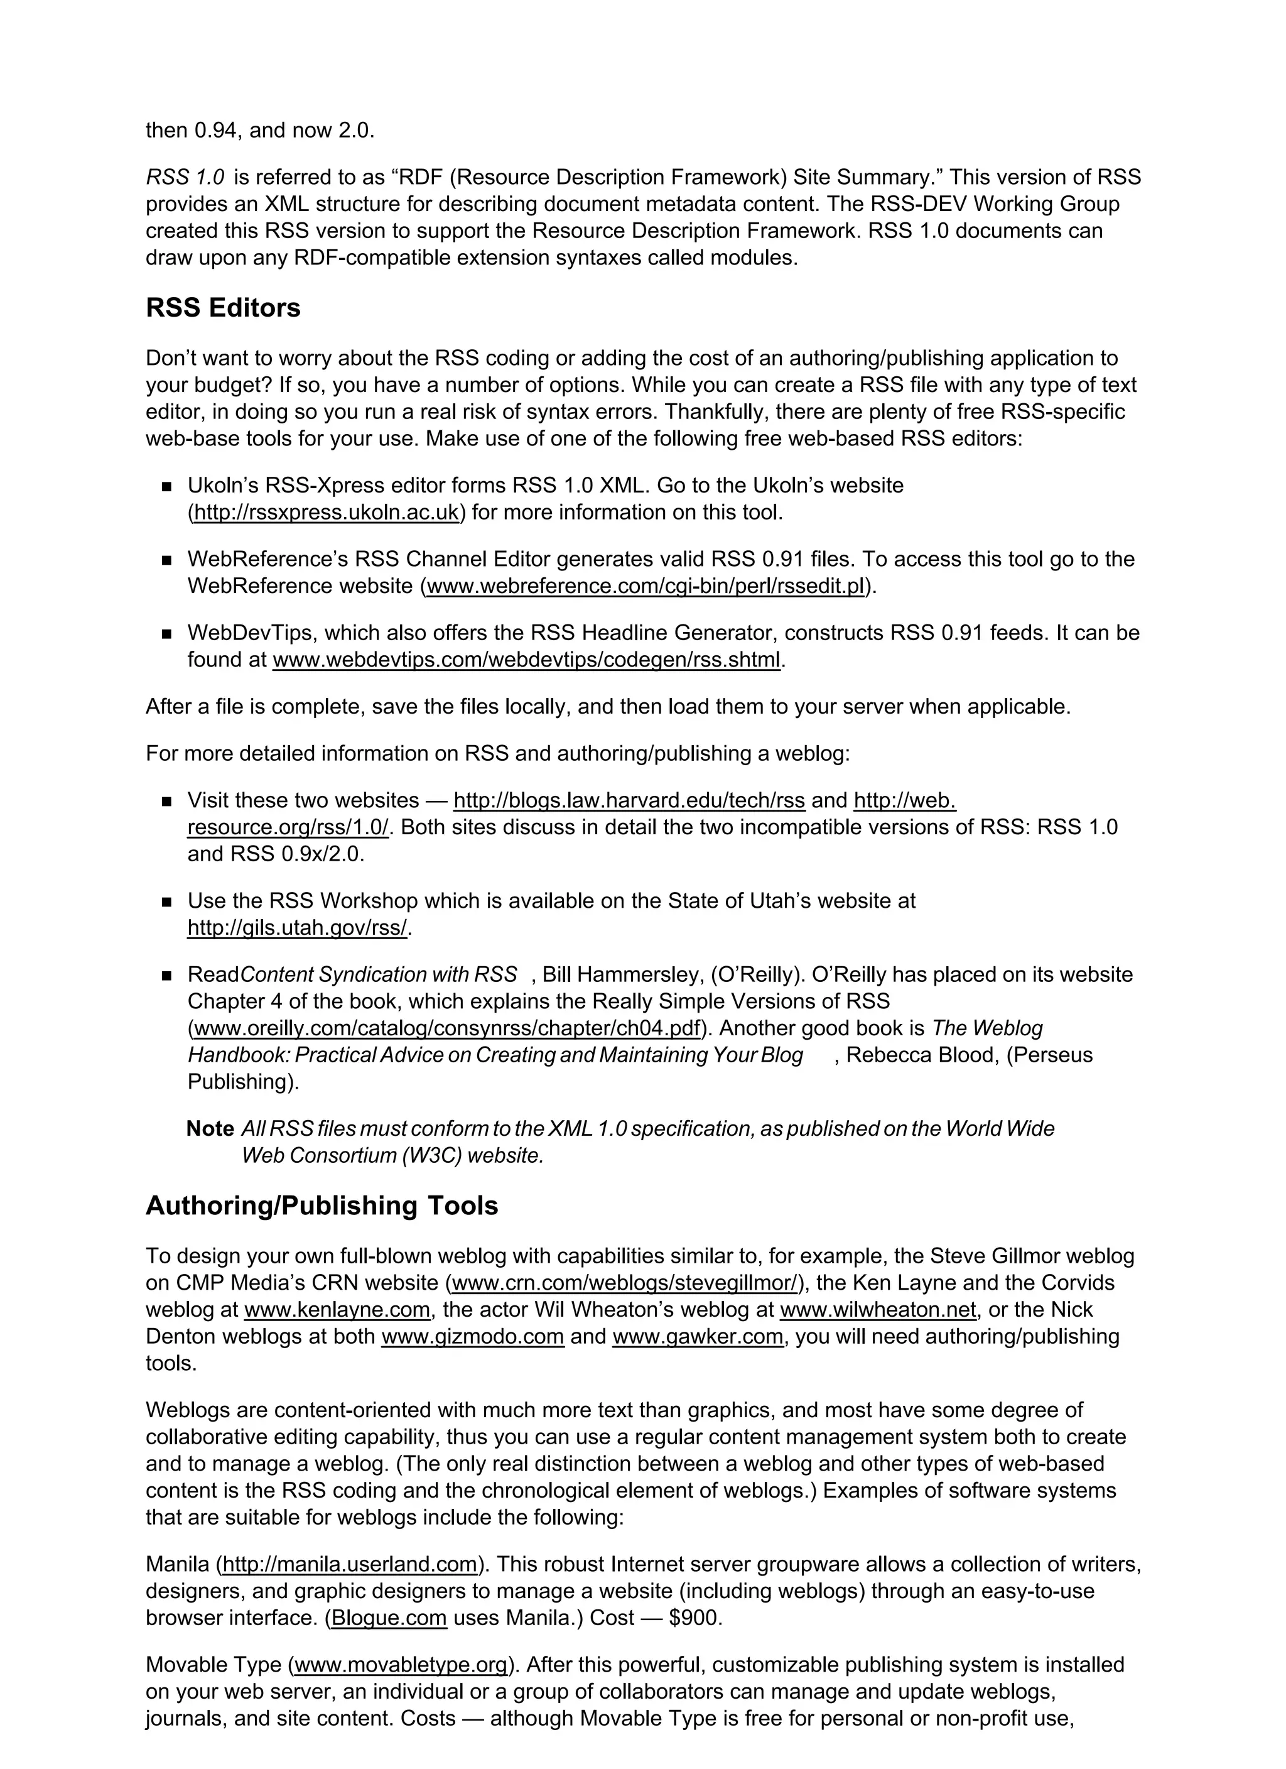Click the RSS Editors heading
(223, 308)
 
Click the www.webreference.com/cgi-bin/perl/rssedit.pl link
(646, 585)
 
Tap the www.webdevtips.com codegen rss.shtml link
(526, 660)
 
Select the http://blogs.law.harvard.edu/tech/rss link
(629, 800)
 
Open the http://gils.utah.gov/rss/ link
(297, 927)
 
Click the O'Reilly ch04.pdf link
(446, 1028)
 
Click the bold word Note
(210, 1129)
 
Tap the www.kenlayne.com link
(337, 1310)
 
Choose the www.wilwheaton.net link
(877, 1310)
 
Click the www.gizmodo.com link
(473, 1336)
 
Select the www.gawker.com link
(698, 1336)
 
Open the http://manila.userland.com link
(349, 1564)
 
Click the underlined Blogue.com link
(389, 1618)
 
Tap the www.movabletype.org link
(402, 1665)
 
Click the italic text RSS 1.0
(185, 177)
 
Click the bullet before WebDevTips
(166, 634)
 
